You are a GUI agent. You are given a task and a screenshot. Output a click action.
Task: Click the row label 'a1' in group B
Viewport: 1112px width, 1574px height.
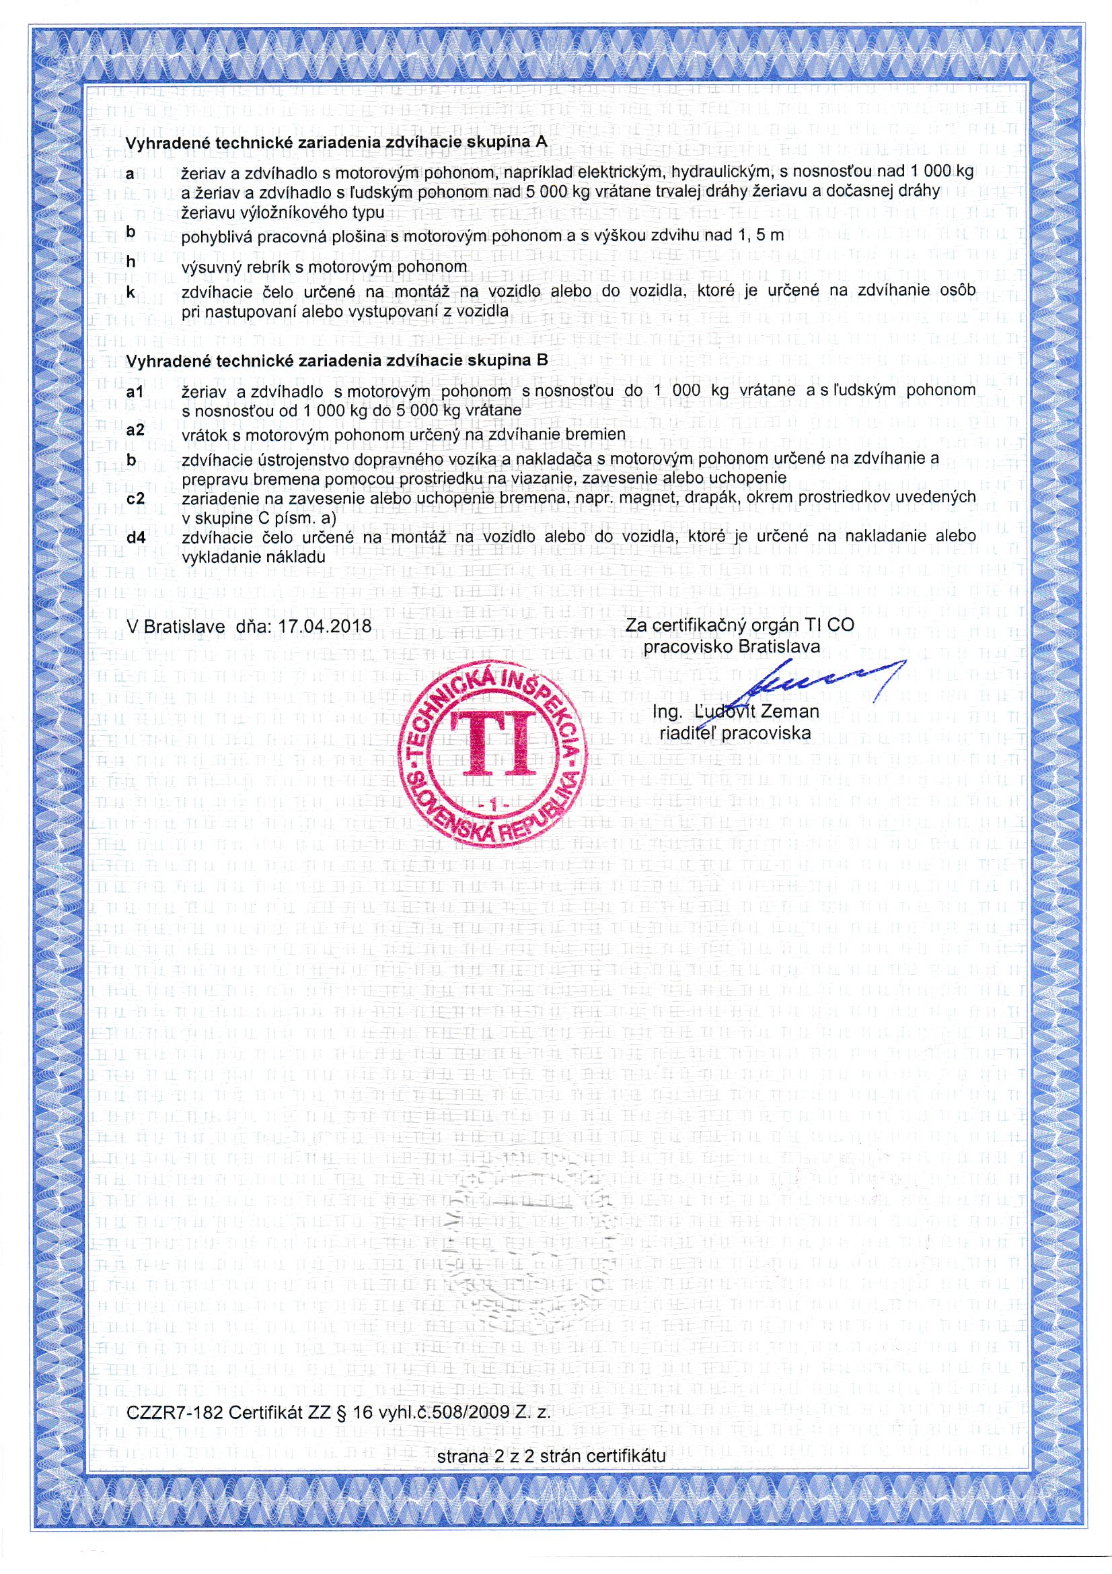coord(135,391)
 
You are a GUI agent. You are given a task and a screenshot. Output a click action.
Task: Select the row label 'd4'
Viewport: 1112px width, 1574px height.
coord(137,537)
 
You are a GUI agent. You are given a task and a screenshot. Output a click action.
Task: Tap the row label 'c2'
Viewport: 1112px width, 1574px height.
coord(136,498)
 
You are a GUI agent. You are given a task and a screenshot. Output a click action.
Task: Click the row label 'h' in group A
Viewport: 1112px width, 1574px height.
coord(131,262)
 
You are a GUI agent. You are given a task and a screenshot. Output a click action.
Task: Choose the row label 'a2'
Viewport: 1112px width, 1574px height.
coord(136,430)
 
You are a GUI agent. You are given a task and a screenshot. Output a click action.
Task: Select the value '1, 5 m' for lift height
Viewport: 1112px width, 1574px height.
coord(759,236)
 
